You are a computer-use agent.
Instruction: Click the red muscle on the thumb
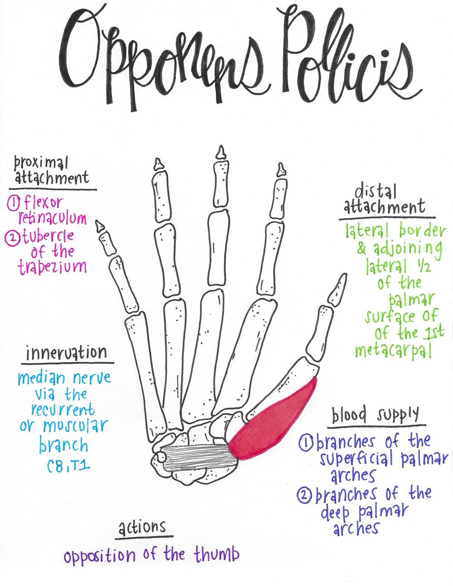pos(272,421)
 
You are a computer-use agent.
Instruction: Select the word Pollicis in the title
pos(344,59)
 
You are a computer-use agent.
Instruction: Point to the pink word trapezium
pos(52,266)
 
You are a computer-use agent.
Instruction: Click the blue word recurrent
pos(63,409)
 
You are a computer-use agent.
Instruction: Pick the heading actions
pos(142,528)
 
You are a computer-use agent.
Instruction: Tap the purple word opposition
pos(100,556)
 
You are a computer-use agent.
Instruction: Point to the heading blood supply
pos(376,415)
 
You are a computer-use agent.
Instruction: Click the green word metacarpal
pos(393,351)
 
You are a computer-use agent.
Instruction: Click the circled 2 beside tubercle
pos(14,236)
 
